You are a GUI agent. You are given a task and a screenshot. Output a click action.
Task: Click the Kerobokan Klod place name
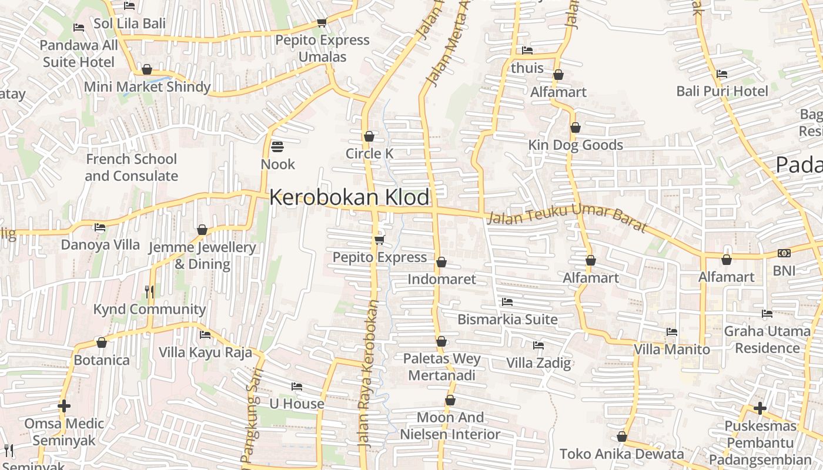point(349,197)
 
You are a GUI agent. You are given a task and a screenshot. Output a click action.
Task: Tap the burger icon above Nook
point(277,146)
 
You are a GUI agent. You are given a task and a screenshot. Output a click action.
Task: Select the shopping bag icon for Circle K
point(369,137)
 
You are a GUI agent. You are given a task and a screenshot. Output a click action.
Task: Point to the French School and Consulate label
point(131,167)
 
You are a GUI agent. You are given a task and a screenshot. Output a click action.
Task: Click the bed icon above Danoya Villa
point(100,227)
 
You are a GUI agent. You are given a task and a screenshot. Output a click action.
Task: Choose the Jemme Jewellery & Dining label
point(202,256)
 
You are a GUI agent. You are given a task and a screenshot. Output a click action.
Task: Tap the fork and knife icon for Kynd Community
point(149,291)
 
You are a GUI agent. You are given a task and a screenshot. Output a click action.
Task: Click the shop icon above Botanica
point(102,343)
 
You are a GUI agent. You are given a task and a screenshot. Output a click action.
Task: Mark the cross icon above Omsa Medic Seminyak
point(64,406)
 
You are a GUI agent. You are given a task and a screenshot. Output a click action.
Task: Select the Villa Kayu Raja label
point(205,352)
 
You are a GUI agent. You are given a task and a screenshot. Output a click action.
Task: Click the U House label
point(297,404)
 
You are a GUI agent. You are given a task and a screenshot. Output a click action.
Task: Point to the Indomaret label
point(441,279)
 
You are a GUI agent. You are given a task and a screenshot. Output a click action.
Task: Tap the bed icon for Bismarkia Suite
point(507,302)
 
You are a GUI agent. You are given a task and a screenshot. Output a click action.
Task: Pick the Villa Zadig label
point(538,362)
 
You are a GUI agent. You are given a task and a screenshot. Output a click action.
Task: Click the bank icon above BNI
point(784,253)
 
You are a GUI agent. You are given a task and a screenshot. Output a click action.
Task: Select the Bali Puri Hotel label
point(722,91)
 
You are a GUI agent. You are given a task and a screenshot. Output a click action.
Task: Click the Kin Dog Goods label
point(576,145)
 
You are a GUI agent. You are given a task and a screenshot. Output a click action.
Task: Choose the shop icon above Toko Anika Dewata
point(622,437)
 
